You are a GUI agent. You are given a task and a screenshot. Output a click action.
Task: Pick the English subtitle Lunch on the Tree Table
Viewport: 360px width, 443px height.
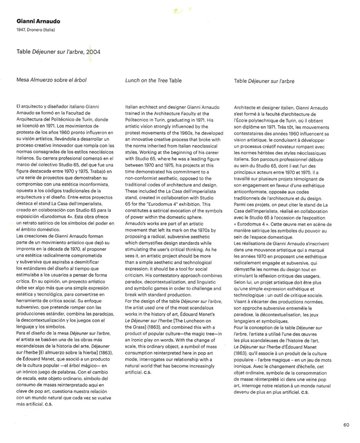153,80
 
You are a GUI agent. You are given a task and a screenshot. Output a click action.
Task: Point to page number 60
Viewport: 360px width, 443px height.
346,425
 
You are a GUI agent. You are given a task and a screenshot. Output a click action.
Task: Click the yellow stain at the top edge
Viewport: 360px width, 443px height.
178,10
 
